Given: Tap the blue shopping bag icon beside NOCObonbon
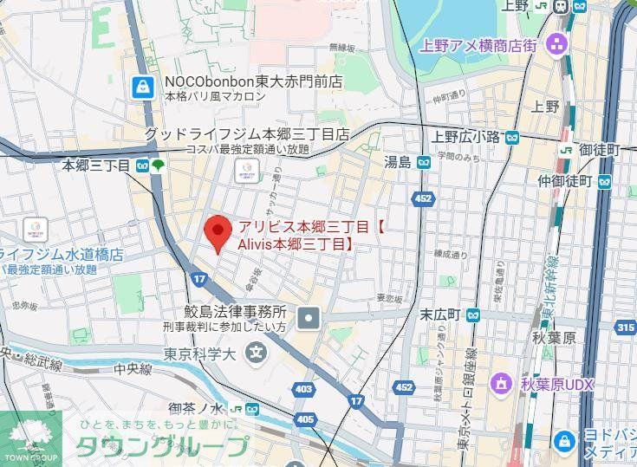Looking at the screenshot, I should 140,86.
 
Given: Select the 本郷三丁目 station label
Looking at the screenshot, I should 95,164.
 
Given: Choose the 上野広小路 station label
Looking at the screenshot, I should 465,137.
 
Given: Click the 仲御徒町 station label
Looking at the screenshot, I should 564,181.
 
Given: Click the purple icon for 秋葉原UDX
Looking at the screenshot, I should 501,382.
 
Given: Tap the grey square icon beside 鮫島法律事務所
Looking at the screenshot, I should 309,320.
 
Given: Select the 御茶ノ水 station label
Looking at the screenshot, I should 198,409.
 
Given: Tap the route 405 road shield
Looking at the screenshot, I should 305,419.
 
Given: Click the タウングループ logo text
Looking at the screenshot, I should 165,446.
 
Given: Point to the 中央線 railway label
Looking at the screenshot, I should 133,368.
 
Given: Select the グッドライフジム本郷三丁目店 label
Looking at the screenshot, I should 246,134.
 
